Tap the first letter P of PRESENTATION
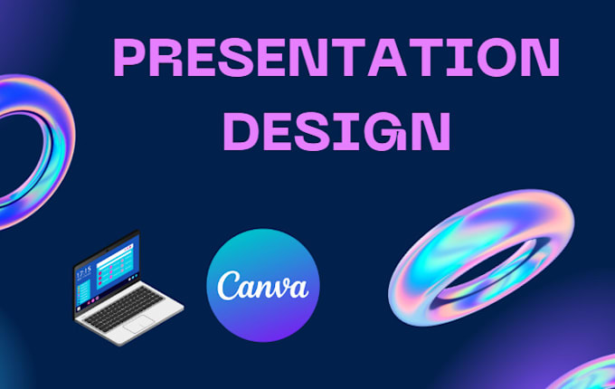click(x=132, y=61)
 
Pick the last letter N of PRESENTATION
click(x=539, y=61)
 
